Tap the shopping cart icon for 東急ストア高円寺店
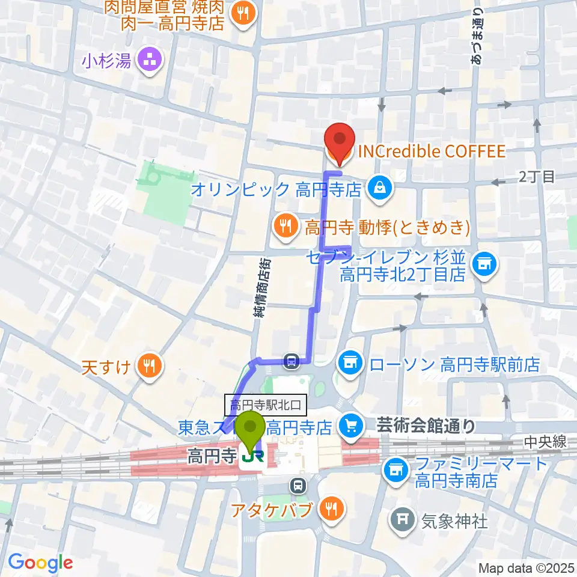click(x=350, y=427)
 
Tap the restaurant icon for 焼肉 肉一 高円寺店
click(x=244, y=16)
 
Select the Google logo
click(x=40, y=563)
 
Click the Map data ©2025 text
click(x=525, y=567)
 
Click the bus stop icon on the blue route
click(x=292, y=361)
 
